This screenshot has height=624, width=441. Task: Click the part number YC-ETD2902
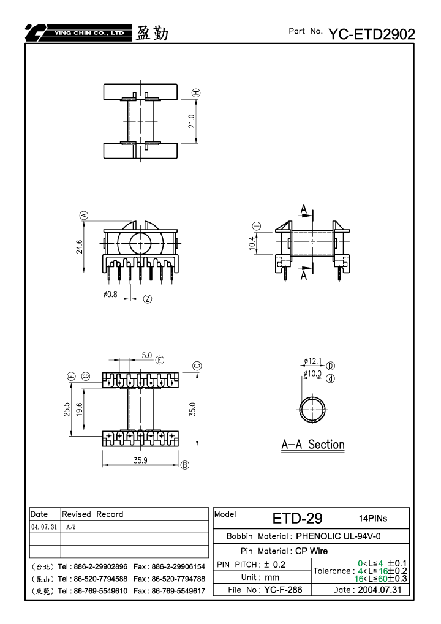tap(372, 34)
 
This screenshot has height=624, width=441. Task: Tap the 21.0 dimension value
tap(192, 121)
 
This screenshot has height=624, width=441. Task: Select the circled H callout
tap(196, 92)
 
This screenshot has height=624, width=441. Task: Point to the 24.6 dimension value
tap(80, 246)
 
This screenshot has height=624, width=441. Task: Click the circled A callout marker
tap(84, 216)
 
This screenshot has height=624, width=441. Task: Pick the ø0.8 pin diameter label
tap(110, 294)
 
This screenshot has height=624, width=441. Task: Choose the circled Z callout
tap(148, 299)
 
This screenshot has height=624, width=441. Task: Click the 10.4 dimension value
tap(252, 243)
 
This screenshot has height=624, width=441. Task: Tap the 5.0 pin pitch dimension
tap(147, 355)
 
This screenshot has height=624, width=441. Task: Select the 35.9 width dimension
tap(140, 460)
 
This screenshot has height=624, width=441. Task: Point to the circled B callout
tap(185, 465)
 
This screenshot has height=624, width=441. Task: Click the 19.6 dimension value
tap(79, 409)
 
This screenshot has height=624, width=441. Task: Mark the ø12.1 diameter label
tap(313, 361)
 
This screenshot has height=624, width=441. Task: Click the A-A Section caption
tap(313, 445)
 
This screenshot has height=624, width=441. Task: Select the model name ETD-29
tap(297, 518)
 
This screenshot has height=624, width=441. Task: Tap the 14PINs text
tap(373, 518)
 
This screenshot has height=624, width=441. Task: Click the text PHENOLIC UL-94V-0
tap(338, 536)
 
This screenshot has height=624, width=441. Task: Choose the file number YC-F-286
tap(283, 589)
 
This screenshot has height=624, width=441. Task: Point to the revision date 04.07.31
tap(44, 527)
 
